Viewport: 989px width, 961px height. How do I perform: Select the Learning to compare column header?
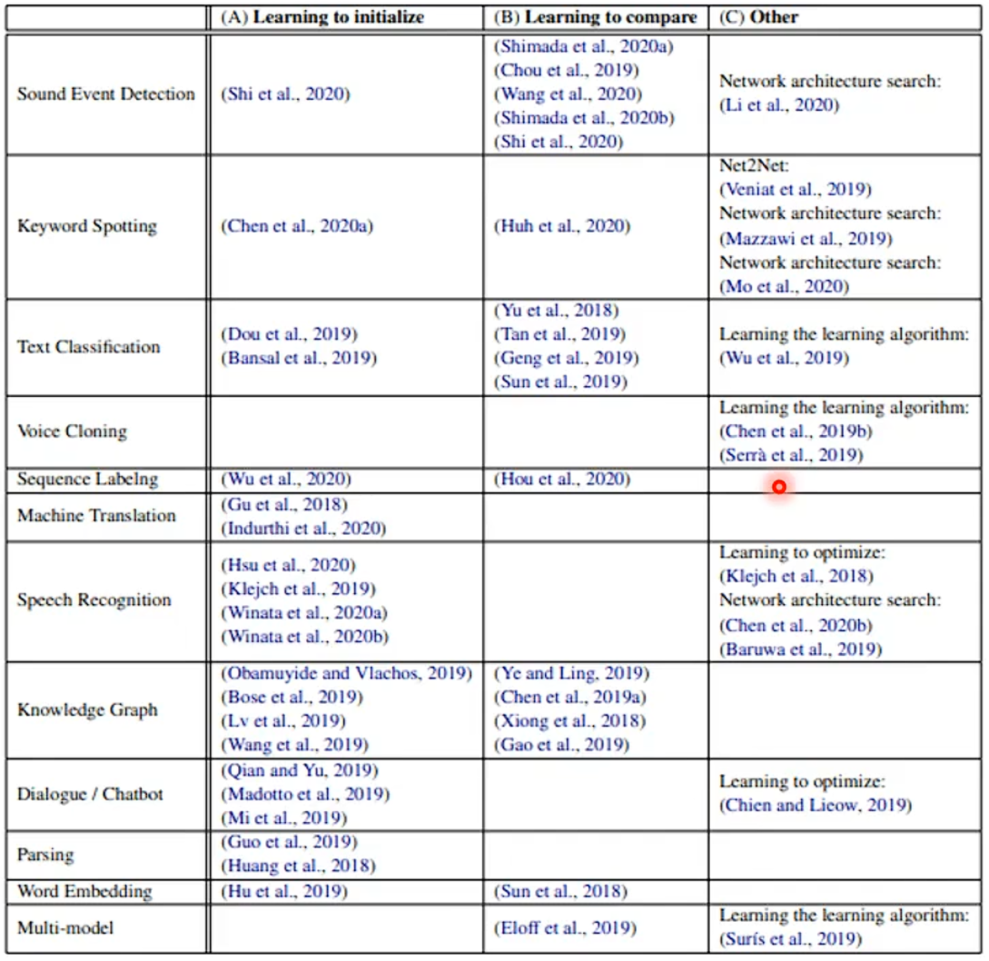coord(596,17)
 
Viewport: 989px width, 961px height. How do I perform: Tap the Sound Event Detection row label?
coord(106,94)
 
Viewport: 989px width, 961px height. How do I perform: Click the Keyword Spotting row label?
coord(87,226)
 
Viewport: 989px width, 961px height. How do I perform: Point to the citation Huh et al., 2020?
coord(562,226)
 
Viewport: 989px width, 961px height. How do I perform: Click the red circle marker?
coord(778,488)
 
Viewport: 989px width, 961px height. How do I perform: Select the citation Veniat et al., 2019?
coord(796,190)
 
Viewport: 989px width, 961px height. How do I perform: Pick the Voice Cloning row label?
coord(72,431)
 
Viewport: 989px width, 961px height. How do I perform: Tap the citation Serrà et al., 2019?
coord(791,454)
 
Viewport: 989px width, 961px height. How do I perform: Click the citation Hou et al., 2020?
coord(561,479)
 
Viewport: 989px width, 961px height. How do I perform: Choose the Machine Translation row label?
coord(96,515)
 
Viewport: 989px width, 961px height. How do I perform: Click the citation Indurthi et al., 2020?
coord(303,528)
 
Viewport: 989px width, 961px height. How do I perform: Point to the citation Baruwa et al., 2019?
coord(800,649)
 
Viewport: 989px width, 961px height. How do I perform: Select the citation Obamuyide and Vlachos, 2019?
coord(347,673)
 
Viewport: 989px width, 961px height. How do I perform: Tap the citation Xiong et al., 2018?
coord(569,721)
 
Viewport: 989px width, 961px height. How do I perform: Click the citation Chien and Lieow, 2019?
coord(816,805)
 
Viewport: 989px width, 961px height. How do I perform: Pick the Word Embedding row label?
coord(84,891)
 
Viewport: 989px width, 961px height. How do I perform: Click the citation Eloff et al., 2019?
coord(565,927)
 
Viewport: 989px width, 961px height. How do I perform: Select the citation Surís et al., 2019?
coord(790,939)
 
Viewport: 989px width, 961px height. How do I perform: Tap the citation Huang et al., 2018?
coord(298,867)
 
